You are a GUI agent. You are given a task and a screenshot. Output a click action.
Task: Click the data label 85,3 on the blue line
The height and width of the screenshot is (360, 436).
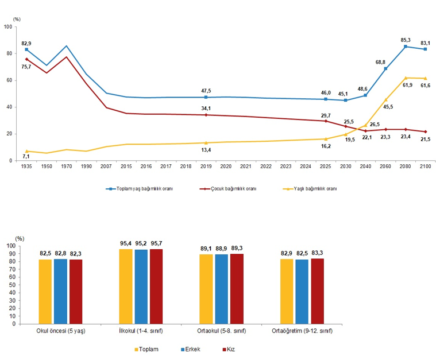406,40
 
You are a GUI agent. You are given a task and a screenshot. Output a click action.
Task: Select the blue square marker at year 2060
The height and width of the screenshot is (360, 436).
385,68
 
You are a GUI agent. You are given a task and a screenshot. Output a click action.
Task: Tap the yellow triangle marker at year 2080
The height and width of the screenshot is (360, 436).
406,78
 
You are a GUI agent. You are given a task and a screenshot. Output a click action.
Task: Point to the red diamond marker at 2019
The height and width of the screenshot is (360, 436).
206,115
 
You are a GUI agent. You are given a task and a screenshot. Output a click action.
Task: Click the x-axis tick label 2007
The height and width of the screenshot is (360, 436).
106,167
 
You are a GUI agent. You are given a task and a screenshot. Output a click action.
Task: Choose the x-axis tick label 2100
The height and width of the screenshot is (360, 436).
426,167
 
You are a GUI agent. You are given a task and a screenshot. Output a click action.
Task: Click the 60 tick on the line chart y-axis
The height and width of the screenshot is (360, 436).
9,80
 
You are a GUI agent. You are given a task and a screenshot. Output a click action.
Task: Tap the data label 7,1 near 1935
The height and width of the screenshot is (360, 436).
26,157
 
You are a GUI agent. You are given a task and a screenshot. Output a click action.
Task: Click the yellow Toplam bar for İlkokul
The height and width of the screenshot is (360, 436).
126,287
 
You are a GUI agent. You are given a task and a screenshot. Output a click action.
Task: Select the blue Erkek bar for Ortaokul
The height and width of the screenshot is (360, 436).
221,289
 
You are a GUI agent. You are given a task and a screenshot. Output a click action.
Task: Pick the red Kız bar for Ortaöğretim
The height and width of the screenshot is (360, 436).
317,291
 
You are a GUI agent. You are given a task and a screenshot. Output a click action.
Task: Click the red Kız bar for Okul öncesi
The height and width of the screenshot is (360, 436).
76,292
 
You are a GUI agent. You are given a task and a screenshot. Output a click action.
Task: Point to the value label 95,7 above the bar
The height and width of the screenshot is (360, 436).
156,243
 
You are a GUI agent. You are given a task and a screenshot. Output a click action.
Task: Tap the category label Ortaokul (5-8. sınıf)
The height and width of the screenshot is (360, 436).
222,331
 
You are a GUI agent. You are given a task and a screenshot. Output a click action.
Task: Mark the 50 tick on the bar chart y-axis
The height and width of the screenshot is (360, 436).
13,285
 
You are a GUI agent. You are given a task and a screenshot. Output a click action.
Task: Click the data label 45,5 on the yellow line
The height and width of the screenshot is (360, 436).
388,107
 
